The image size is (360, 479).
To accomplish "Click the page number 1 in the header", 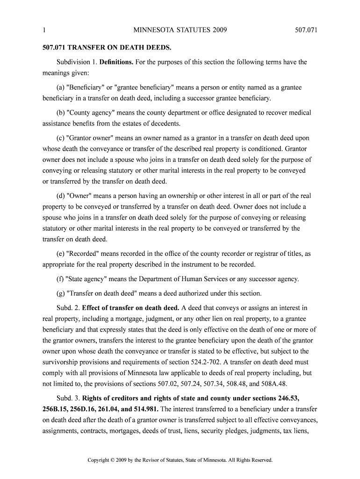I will [x=43, y=31].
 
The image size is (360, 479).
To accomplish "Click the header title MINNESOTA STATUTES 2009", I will [x=180, y=31].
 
